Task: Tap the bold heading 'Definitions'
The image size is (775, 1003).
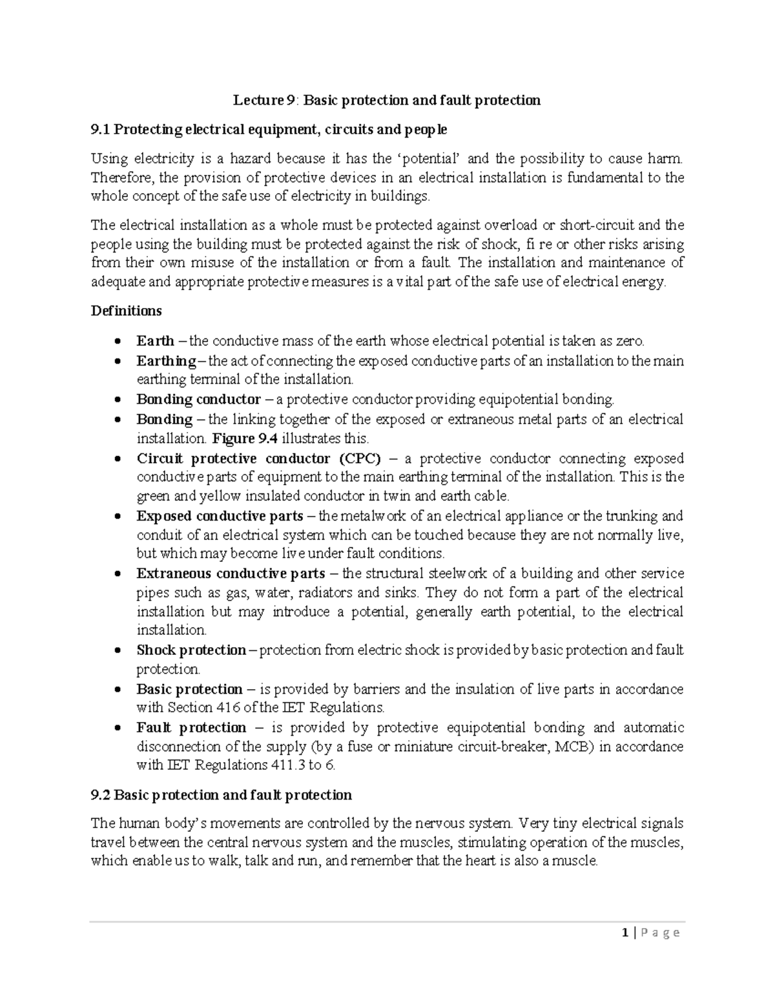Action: click(126, 311)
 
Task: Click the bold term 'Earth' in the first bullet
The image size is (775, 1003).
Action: click(155, 341)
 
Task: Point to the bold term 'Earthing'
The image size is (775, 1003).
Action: click(166, 360)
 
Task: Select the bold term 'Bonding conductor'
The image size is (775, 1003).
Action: click(198, 399)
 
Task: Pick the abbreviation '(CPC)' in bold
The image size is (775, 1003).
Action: click(359, 459)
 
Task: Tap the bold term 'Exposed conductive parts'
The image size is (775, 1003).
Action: click(220, 516)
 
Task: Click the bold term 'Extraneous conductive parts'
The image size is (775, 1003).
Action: click(231, 574)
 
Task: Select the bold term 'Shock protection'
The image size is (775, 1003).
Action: click(191, 650)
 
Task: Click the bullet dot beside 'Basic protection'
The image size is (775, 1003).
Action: click(116, 690)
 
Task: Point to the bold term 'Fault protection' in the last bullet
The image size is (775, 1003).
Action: click(191, 727)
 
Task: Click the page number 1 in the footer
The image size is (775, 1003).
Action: click(625, 933)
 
